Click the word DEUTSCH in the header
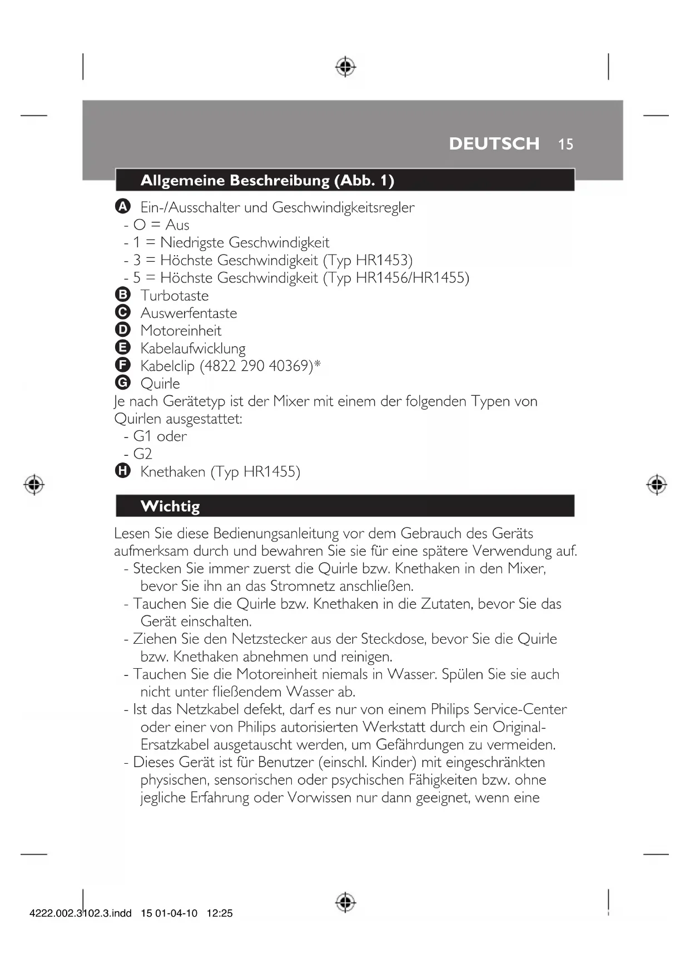point(494,143)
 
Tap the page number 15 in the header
point(565,145)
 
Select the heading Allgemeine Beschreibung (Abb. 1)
point(267,181)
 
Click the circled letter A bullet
point(123,207)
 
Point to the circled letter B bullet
point(123,295)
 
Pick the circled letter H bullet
point(123,471)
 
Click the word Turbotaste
point(175,296)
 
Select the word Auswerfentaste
point(188,313)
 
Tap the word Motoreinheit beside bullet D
point(181,331)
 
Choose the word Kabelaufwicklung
point(193,349)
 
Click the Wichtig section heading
point(170,506)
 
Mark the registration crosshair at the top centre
point(345,67)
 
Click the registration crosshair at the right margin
point(657,485)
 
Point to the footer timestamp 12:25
point(220,913)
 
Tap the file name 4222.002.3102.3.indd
point(81,913)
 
